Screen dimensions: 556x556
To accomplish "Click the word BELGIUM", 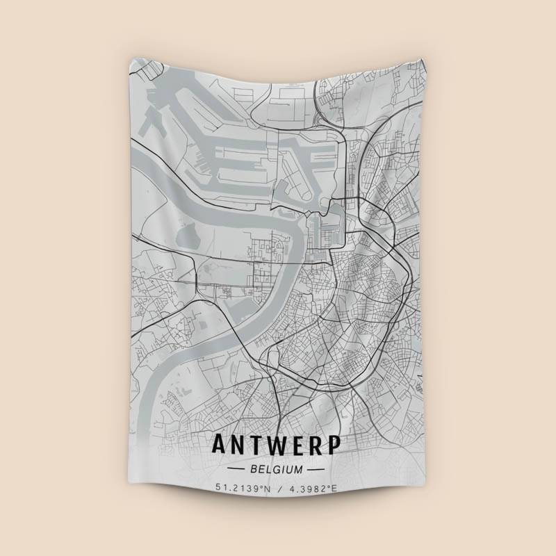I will (x=278, y=469).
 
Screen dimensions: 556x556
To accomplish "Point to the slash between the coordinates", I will (x=279, y=489).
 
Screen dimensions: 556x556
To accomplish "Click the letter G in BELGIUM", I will (x=277, y=469).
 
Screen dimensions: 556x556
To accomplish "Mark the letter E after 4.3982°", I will (x=334, y=489).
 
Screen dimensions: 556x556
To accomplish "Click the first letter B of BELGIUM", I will (x=257, y=469).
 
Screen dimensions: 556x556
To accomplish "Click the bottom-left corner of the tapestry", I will (x=132, y=496).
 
